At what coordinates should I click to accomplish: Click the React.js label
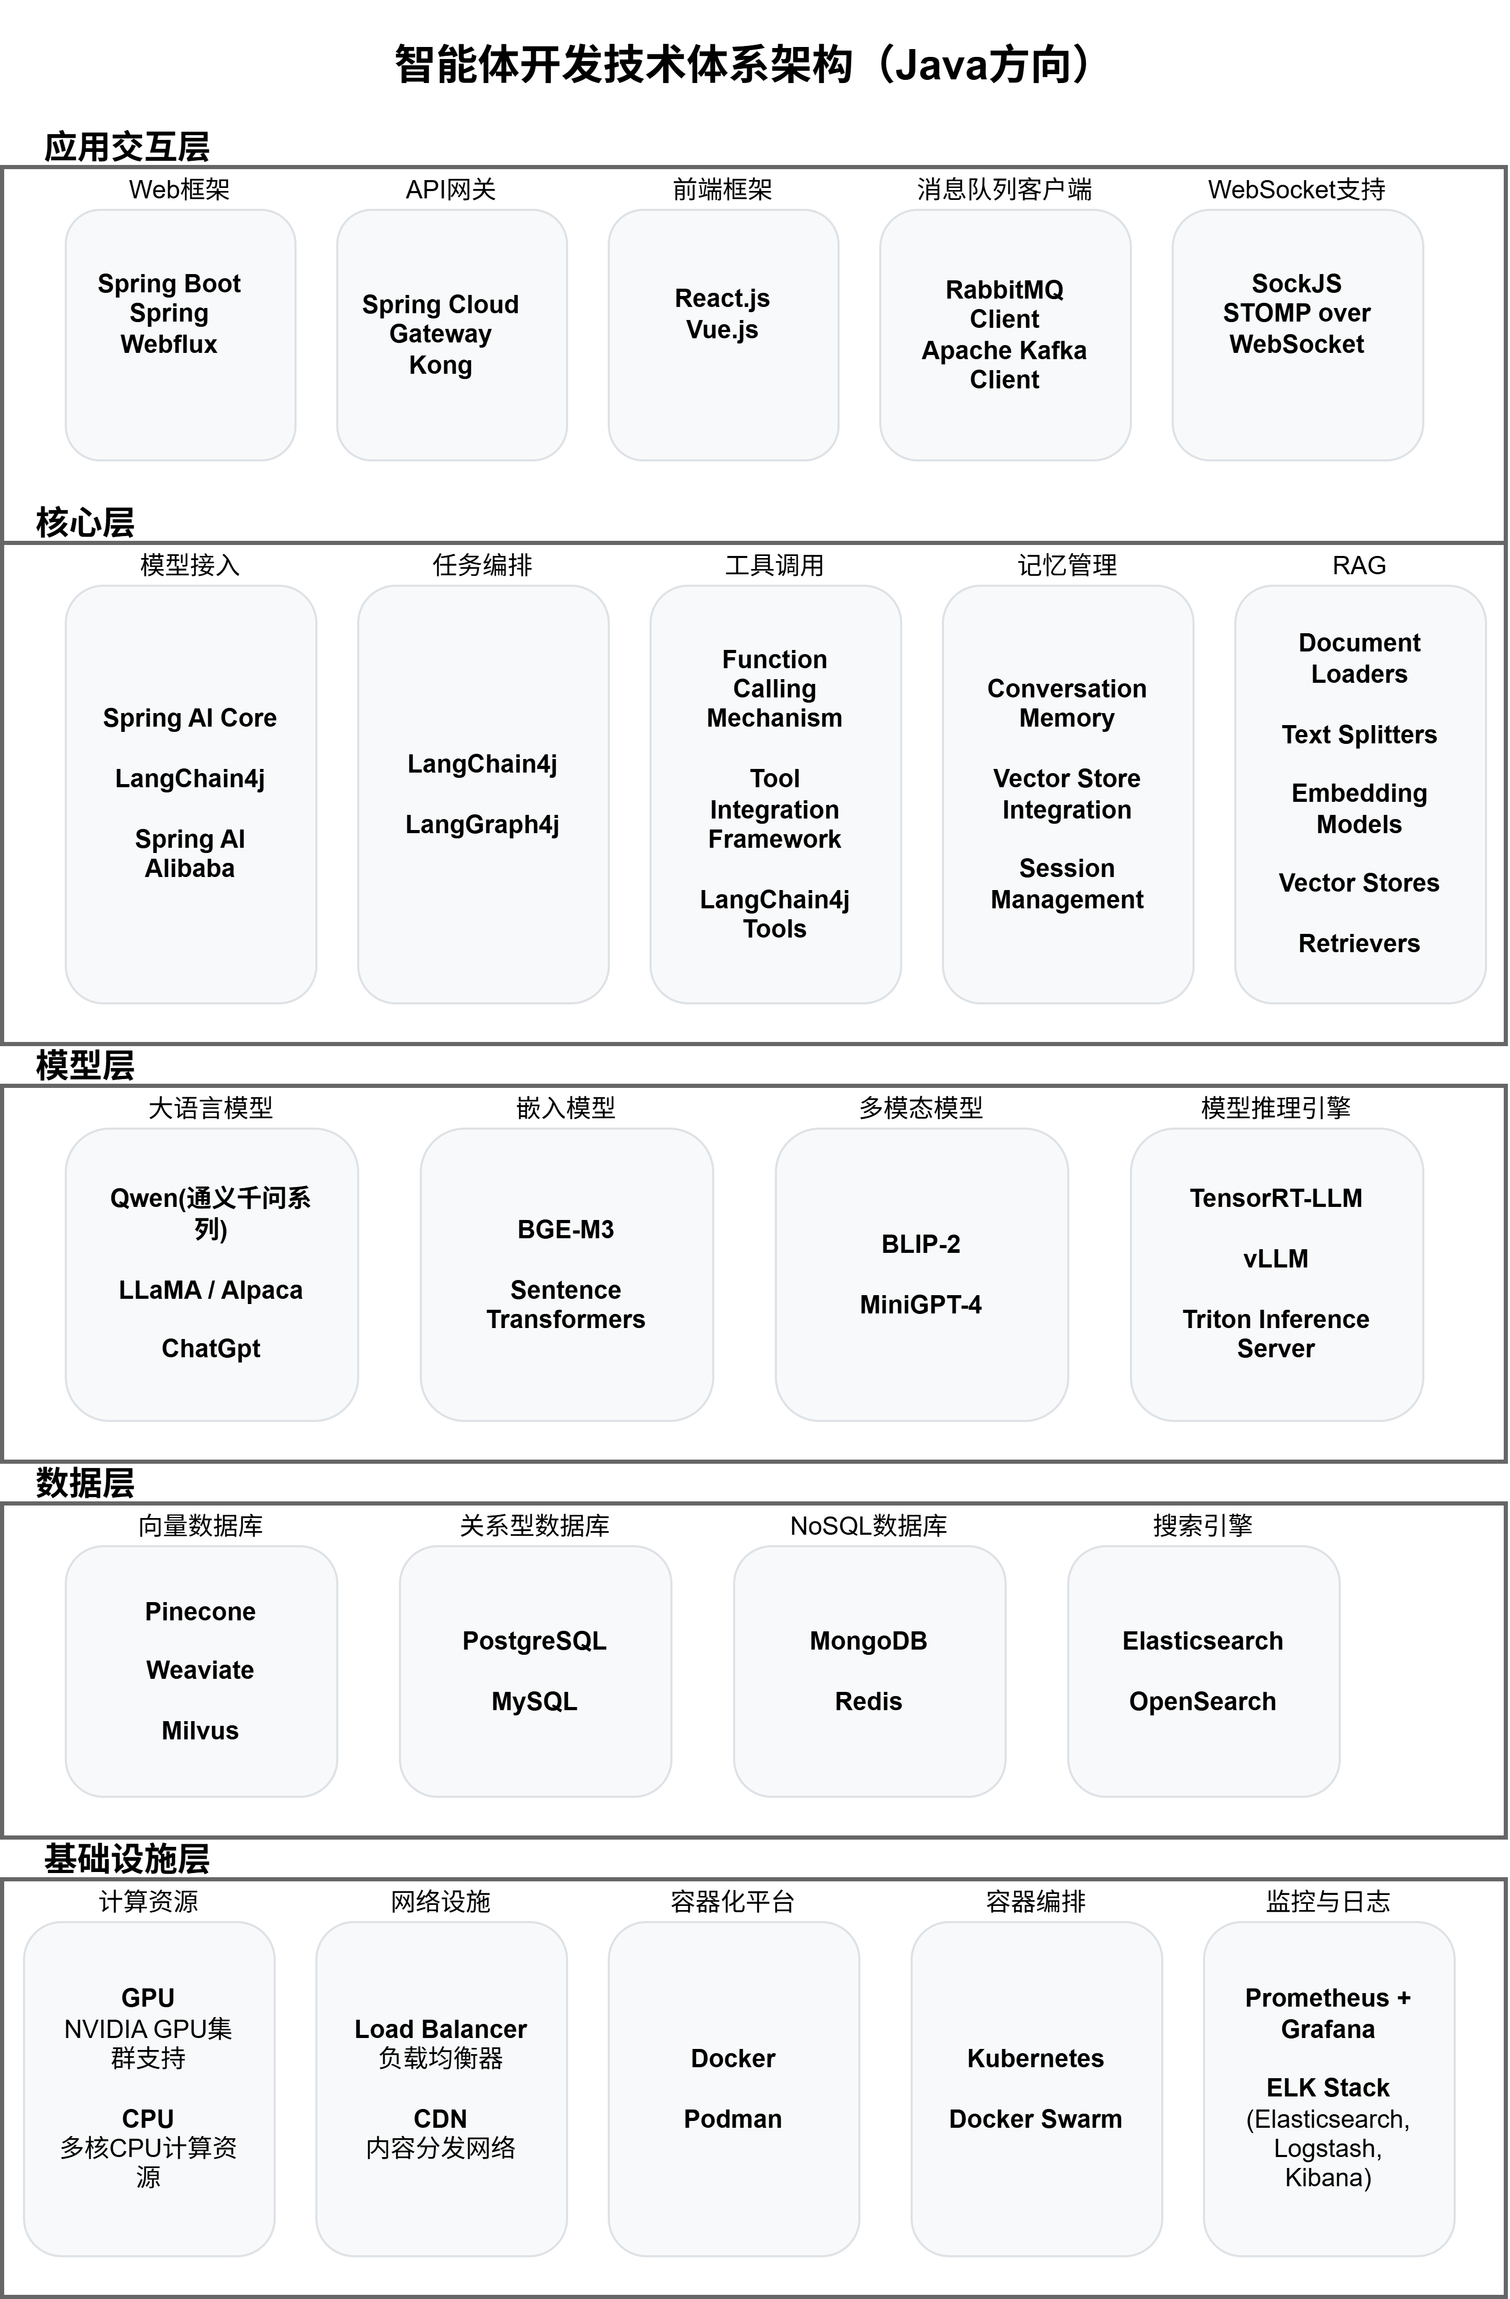(x=722, y=299)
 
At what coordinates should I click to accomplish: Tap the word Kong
(x=441, y=365)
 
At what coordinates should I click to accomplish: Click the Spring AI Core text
(x=190, y=718)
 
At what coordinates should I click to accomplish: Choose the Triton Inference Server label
(x=1275, y=1334)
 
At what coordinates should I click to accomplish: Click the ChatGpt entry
(x=210, y=1348)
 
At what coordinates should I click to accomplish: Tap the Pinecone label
(x=200, y=1611)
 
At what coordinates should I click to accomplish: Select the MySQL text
(x=534, y=1701)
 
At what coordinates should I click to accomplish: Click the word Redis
(x=868, y=1701)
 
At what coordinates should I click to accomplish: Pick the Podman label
(x=733, y=2118)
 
